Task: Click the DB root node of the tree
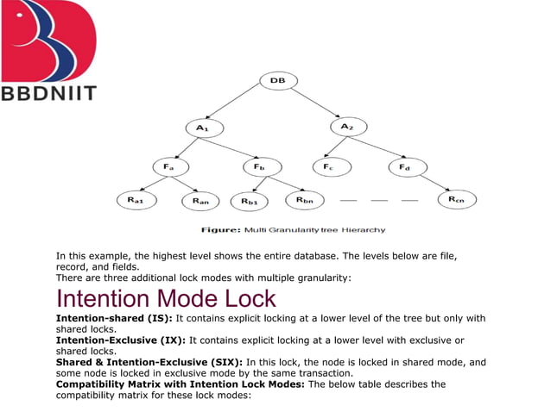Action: [277, 80]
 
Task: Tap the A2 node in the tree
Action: [347, 127]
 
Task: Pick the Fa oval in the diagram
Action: [170, 165]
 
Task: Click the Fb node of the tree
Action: [260, 165]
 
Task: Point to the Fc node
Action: [329, 165]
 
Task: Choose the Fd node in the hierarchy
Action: [405, 165]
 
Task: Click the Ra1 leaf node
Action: [136, 200]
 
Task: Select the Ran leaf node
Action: [201, 201]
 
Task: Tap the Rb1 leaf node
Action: [250, 201]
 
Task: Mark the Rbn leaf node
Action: [305, 200]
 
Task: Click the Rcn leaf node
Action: [456, 200]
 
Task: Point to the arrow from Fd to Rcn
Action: [431, 183]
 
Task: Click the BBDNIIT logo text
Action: [49, 93]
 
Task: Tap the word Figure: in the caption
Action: [221, 230]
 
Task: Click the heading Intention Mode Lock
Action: [166, 299]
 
